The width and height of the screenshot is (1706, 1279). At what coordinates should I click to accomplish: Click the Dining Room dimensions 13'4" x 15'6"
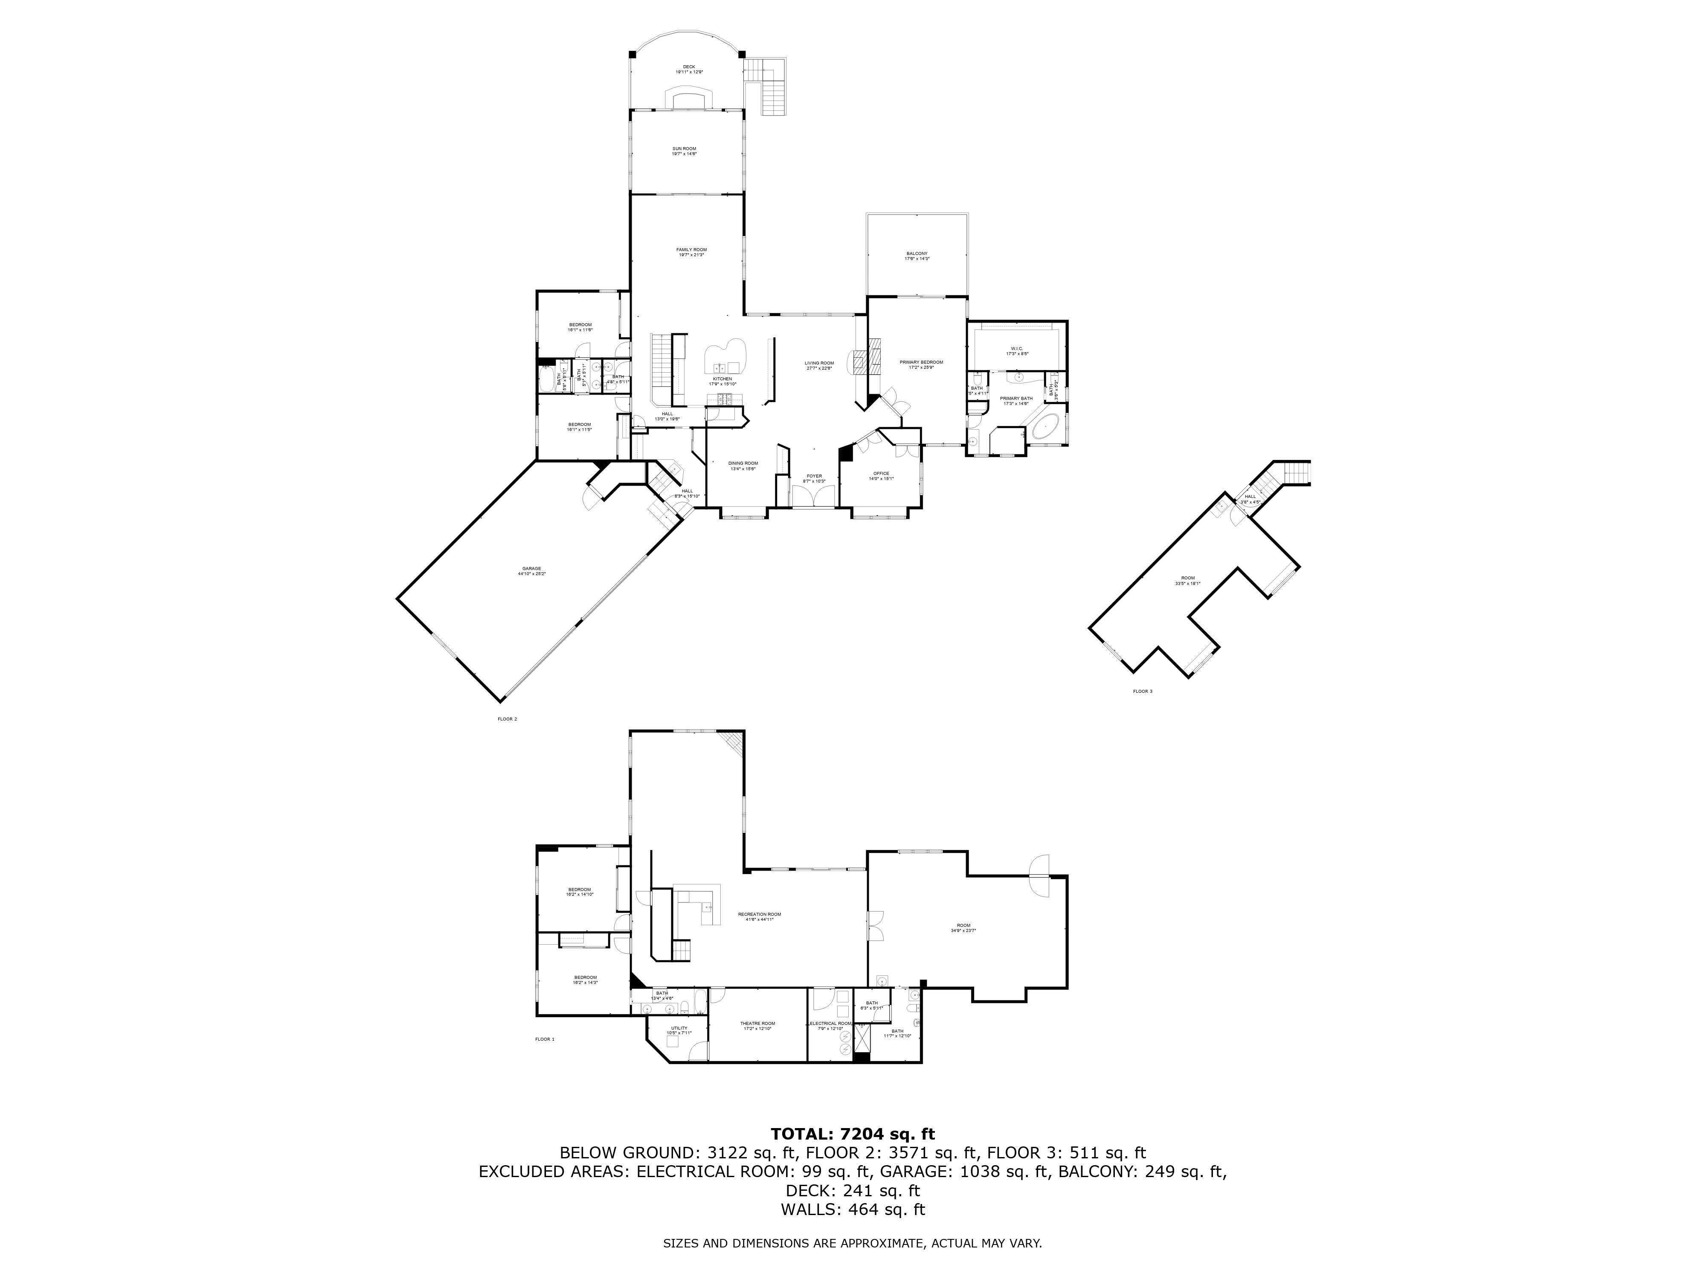coord(743,469)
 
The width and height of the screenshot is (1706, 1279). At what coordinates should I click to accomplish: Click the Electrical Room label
coord(831,1024)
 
